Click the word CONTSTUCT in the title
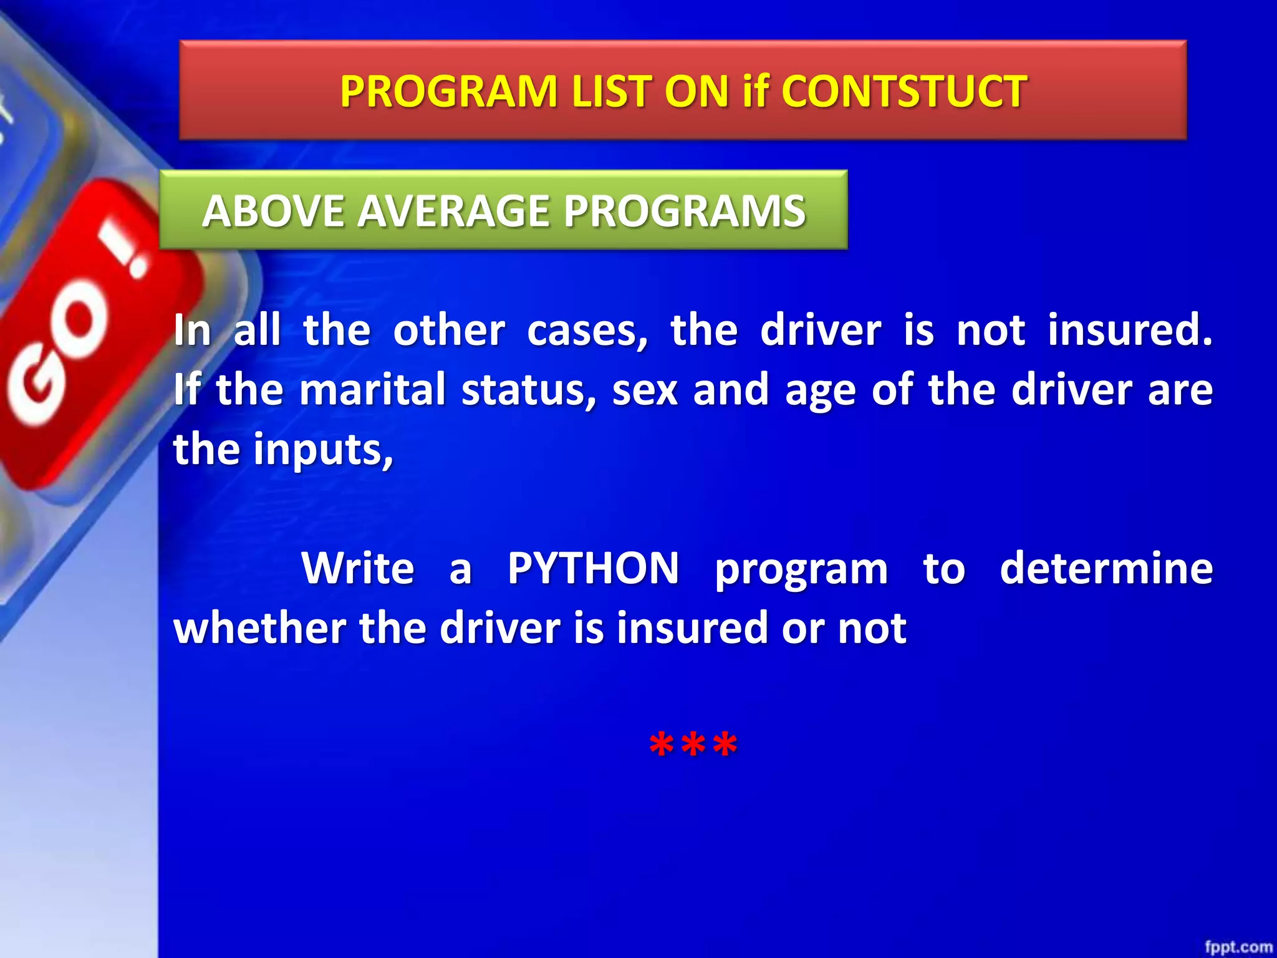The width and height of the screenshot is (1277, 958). (904, 92)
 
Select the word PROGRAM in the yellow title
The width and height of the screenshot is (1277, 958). (448, 92)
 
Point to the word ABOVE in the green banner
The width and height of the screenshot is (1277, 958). (272, 211)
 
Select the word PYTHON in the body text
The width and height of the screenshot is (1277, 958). (593, 568)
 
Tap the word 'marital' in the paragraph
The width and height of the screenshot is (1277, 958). (372, 390)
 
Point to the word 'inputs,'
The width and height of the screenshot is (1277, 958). (323, 450)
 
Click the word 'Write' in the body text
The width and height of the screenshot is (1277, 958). (357, 568)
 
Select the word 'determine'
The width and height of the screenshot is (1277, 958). (1106, 568)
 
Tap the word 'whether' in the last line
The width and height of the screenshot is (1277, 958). (259, 628)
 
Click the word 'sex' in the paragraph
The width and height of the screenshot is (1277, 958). (645, 390)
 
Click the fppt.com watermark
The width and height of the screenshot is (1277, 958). (1238, 947)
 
